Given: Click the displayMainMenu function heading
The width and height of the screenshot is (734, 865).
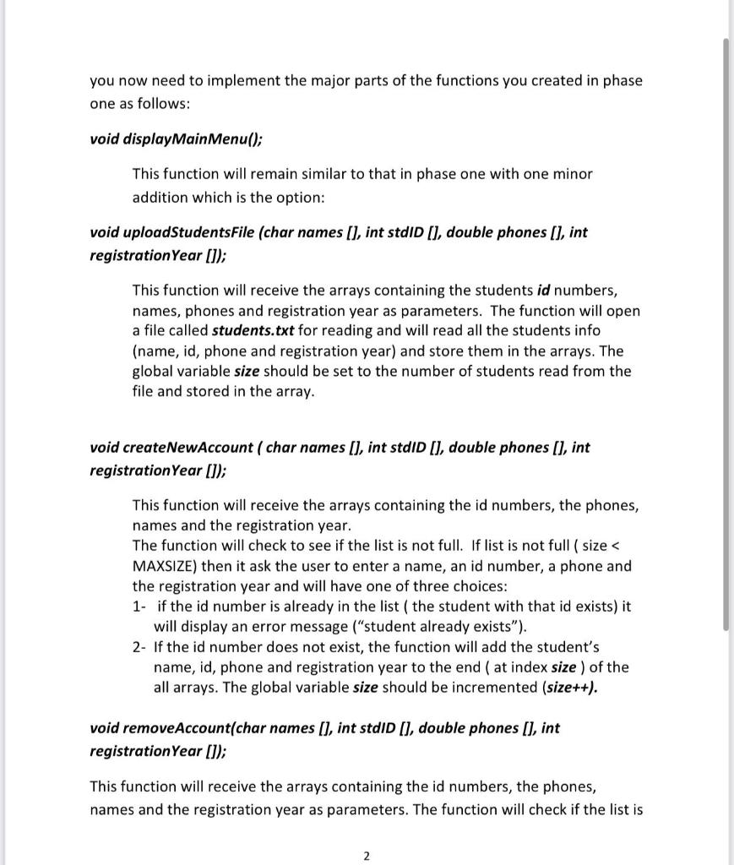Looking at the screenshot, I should (182, 139).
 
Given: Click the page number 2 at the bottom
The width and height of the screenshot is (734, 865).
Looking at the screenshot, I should (366, 856).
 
